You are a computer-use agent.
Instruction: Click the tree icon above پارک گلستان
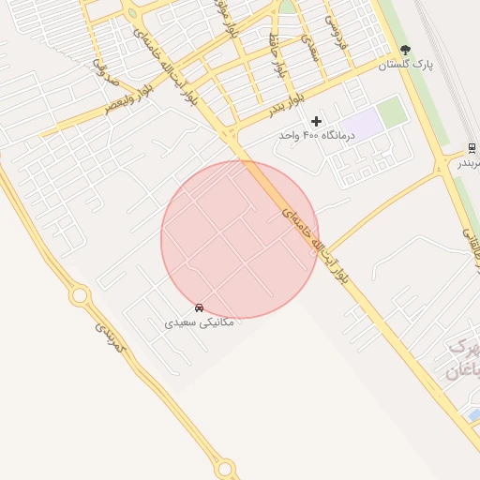pos(405,50)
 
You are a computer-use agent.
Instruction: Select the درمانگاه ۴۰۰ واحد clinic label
pos(316,135)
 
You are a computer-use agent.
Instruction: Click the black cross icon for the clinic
pos(316,120)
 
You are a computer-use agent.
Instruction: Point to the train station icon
pos(472,147)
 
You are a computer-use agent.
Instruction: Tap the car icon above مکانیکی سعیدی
pos(199,307)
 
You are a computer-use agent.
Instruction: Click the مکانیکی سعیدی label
pos(200,322)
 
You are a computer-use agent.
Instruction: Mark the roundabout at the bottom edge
pos(225,467)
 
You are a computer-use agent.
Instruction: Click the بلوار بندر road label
pos(286,104)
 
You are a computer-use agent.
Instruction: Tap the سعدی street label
pos(310,49)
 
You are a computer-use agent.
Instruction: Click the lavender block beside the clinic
pos(363,122)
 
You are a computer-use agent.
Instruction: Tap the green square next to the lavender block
pos(393,112)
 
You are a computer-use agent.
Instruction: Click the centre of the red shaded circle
pos(240,239)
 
